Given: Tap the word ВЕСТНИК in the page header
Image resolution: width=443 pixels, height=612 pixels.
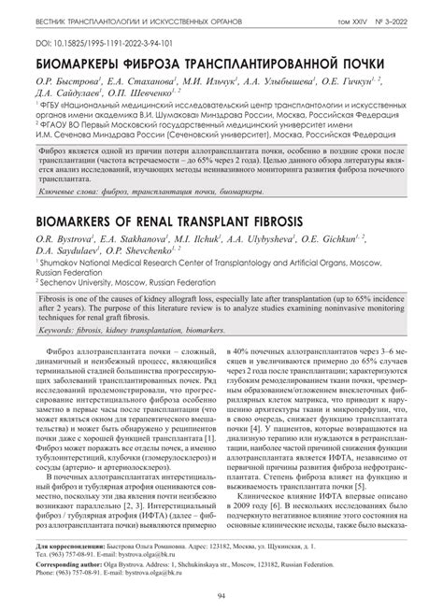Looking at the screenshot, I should pyautogui.click(x=55, y=19).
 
